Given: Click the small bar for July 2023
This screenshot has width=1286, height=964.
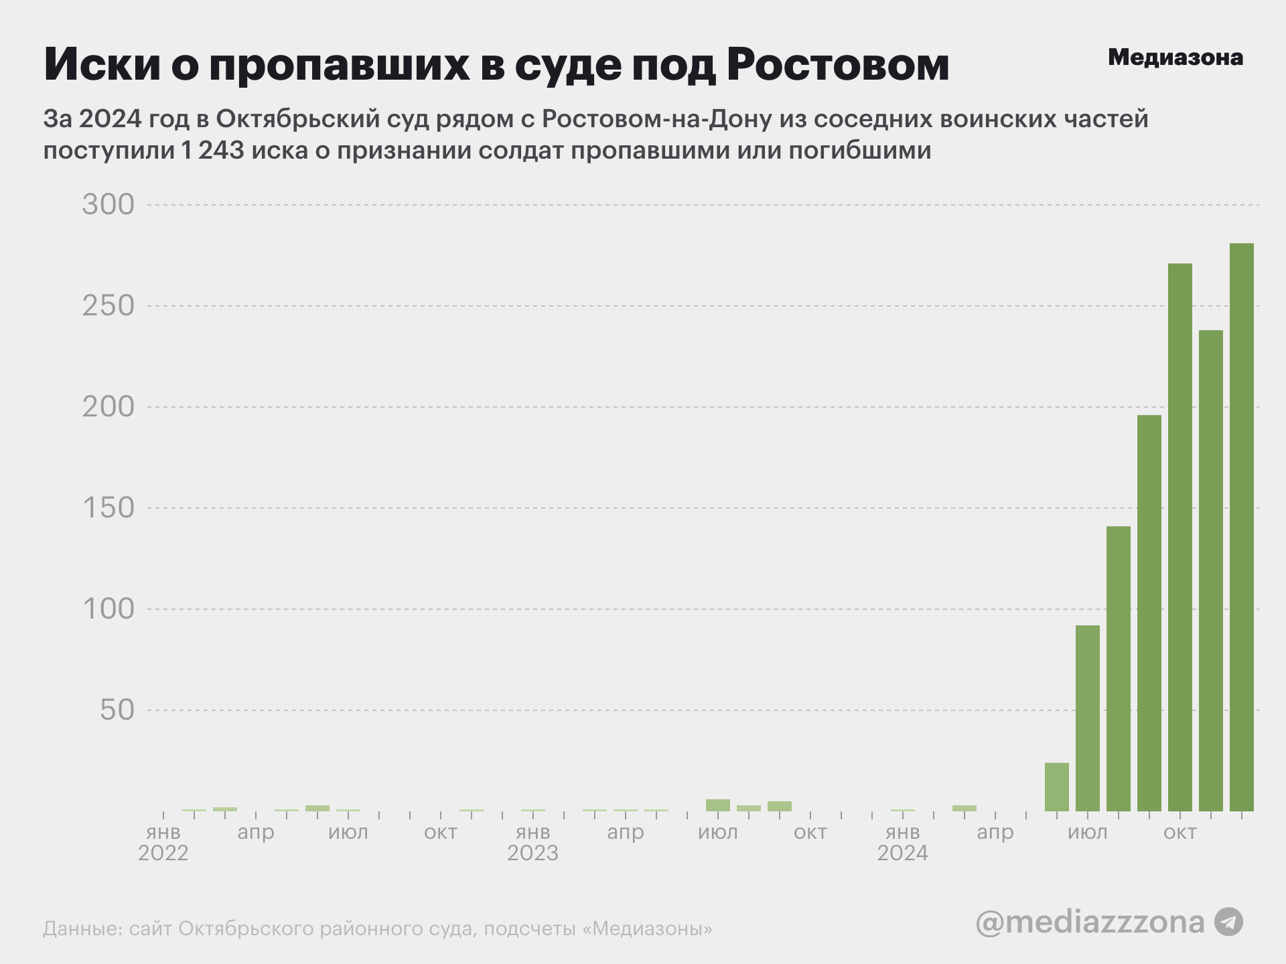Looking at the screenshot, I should [718, 805].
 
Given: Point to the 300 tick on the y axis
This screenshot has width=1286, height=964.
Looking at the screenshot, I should [109, 205].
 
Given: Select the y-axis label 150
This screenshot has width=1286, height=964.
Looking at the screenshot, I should [109, 508].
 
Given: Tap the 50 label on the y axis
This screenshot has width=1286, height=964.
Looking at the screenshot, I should [117, 710].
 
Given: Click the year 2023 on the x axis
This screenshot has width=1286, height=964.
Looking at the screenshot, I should [532, 854].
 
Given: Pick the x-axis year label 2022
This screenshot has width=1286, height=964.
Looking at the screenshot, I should [163, 854].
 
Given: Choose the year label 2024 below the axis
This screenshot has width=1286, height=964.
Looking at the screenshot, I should [902, 854].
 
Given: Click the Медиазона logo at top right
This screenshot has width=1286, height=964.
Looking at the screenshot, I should [1175, 58].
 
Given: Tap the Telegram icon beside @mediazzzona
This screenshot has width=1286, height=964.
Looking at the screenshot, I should [1228, 922].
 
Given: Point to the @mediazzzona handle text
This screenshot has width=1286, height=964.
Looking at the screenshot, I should [1090, 922].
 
